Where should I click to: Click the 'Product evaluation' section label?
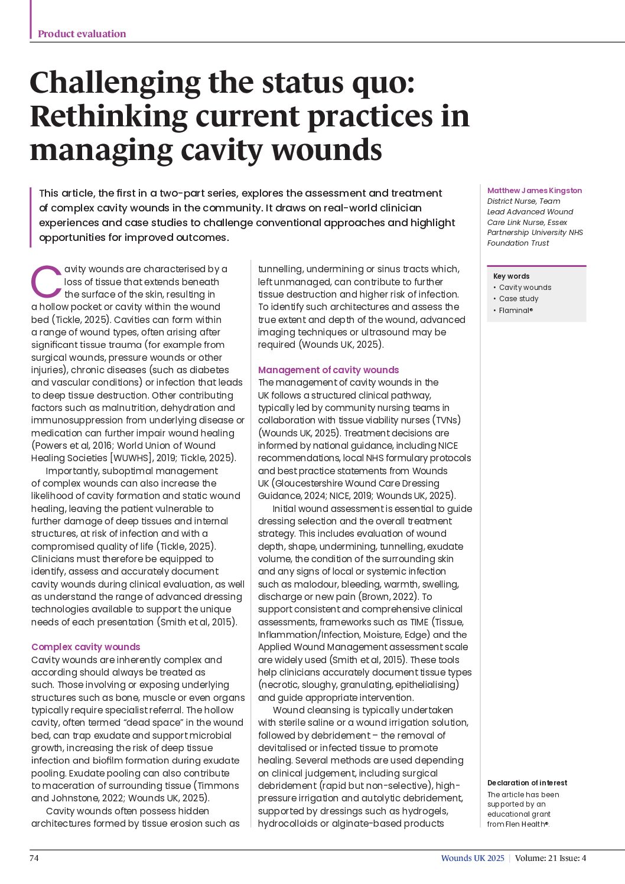(x=82, y=34)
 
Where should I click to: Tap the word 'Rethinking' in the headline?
(x=108, y=116)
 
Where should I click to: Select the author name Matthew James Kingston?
(x=534, y=190)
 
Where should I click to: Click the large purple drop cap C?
(x=46, y=282)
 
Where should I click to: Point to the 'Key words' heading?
(x=511, y=276)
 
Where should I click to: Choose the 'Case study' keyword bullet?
(x=518, y=299)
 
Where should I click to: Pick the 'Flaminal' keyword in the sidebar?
(x=515, y=310)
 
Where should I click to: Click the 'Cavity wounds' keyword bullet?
(x=525, y=288)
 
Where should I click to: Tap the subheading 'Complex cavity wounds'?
(x=86, y=647)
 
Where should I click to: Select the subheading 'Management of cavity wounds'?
(x=328, y=370)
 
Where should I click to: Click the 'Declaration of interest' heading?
(x=527, y=782)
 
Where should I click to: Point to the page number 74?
(x=34, y=858)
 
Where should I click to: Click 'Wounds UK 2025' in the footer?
(x=473, y=858)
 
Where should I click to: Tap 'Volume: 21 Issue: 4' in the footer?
(x=550, y=858)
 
